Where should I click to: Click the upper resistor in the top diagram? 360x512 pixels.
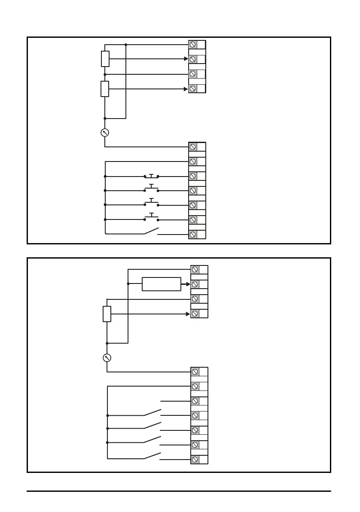(105, 59)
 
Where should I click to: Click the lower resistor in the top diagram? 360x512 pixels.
(105, 88)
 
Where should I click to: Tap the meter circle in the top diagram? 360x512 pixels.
(105, 132)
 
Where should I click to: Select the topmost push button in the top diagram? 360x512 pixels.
(151, 176)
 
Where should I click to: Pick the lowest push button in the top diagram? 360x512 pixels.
(151, 216)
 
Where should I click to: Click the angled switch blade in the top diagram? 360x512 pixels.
(151, 231)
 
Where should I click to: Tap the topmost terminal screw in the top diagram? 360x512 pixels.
(193, 45)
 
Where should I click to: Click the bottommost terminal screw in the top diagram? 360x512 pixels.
(193, 235)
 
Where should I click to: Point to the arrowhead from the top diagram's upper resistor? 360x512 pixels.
(186, 59)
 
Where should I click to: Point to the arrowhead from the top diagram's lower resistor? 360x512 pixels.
(186, 89)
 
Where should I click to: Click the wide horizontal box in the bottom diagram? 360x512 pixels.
(161, 284)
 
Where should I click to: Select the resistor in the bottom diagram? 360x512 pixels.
(107, 314)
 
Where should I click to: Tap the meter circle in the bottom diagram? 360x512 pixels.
(107, 357)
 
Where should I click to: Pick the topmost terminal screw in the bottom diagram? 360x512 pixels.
(195, 269)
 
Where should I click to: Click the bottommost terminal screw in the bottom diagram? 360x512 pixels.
(195, 459)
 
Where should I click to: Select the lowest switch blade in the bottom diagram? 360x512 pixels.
(153, 456)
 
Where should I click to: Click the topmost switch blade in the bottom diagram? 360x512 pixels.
(153, 412)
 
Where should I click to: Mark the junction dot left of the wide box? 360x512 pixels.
(128, 284)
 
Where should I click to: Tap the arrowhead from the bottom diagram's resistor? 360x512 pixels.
(188, 314)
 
